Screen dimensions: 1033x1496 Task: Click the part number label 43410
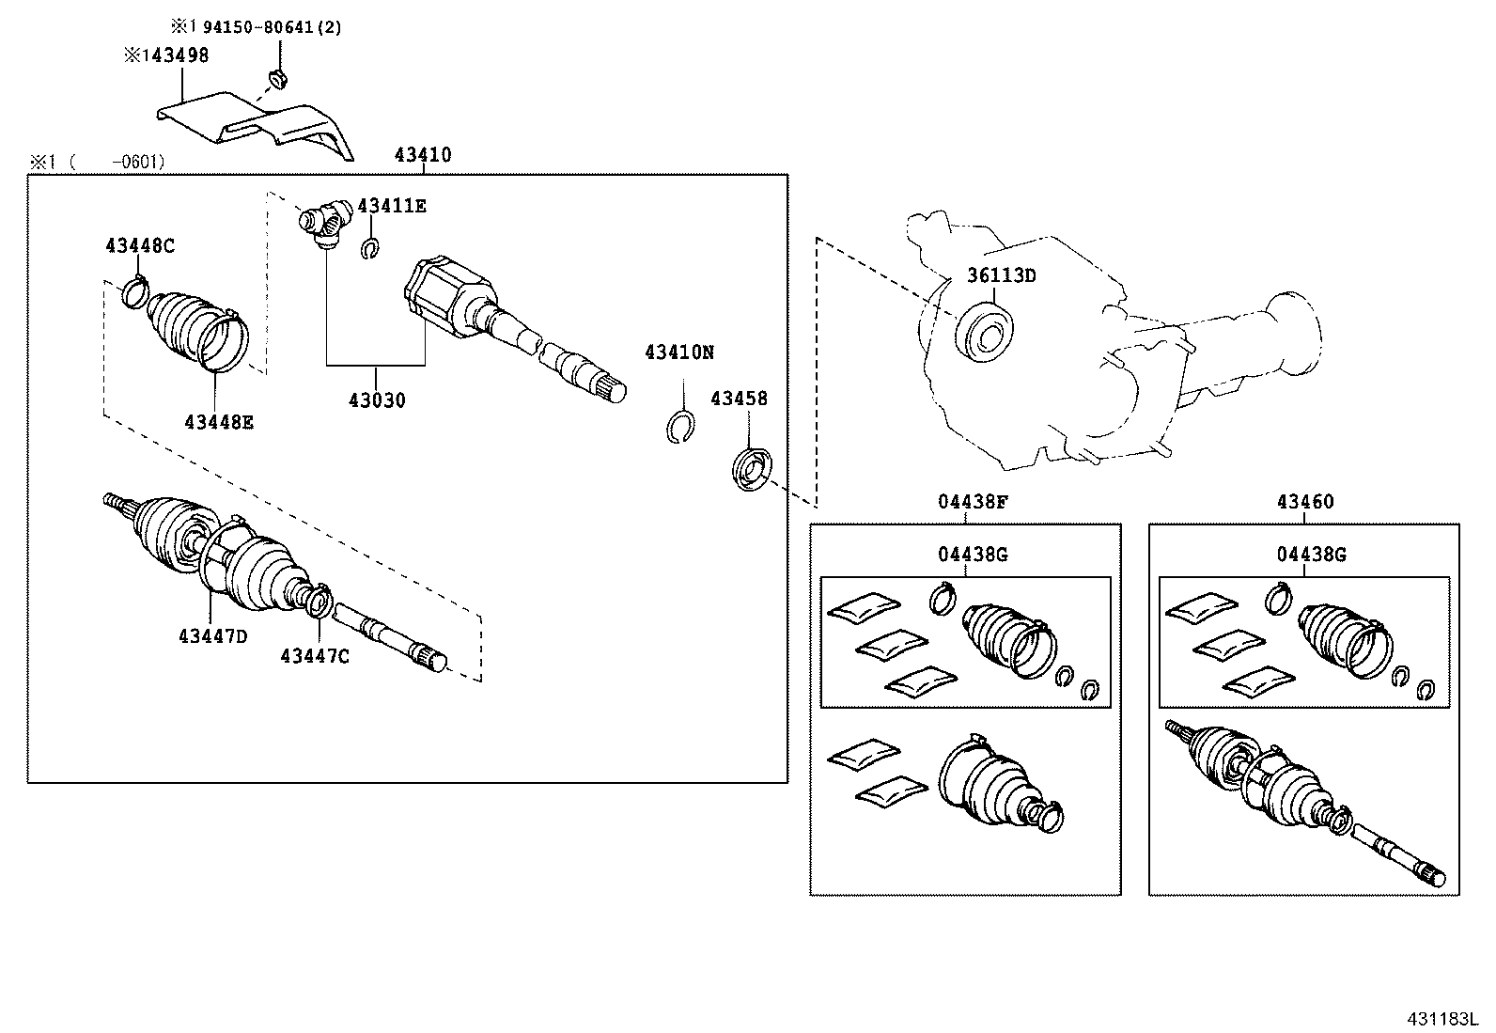point(422,155)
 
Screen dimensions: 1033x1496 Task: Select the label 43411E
point(392,206)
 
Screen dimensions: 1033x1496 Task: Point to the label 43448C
point(140,246)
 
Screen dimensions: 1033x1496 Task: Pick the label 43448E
point(218,422)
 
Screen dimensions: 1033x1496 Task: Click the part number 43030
point(377,400)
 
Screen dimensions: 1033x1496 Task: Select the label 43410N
point(679,352)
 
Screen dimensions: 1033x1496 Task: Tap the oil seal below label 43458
point(752,469)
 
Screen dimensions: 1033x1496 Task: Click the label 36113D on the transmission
point(1002,275)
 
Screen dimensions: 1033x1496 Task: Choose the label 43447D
point(212,636)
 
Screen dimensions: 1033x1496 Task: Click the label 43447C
point(314,656)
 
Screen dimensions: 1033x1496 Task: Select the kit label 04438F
point(973,502)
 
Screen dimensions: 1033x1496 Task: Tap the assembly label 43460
point(1304,502)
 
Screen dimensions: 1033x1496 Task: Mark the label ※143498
point(166,55)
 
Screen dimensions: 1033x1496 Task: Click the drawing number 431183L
point(1442,1019)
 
